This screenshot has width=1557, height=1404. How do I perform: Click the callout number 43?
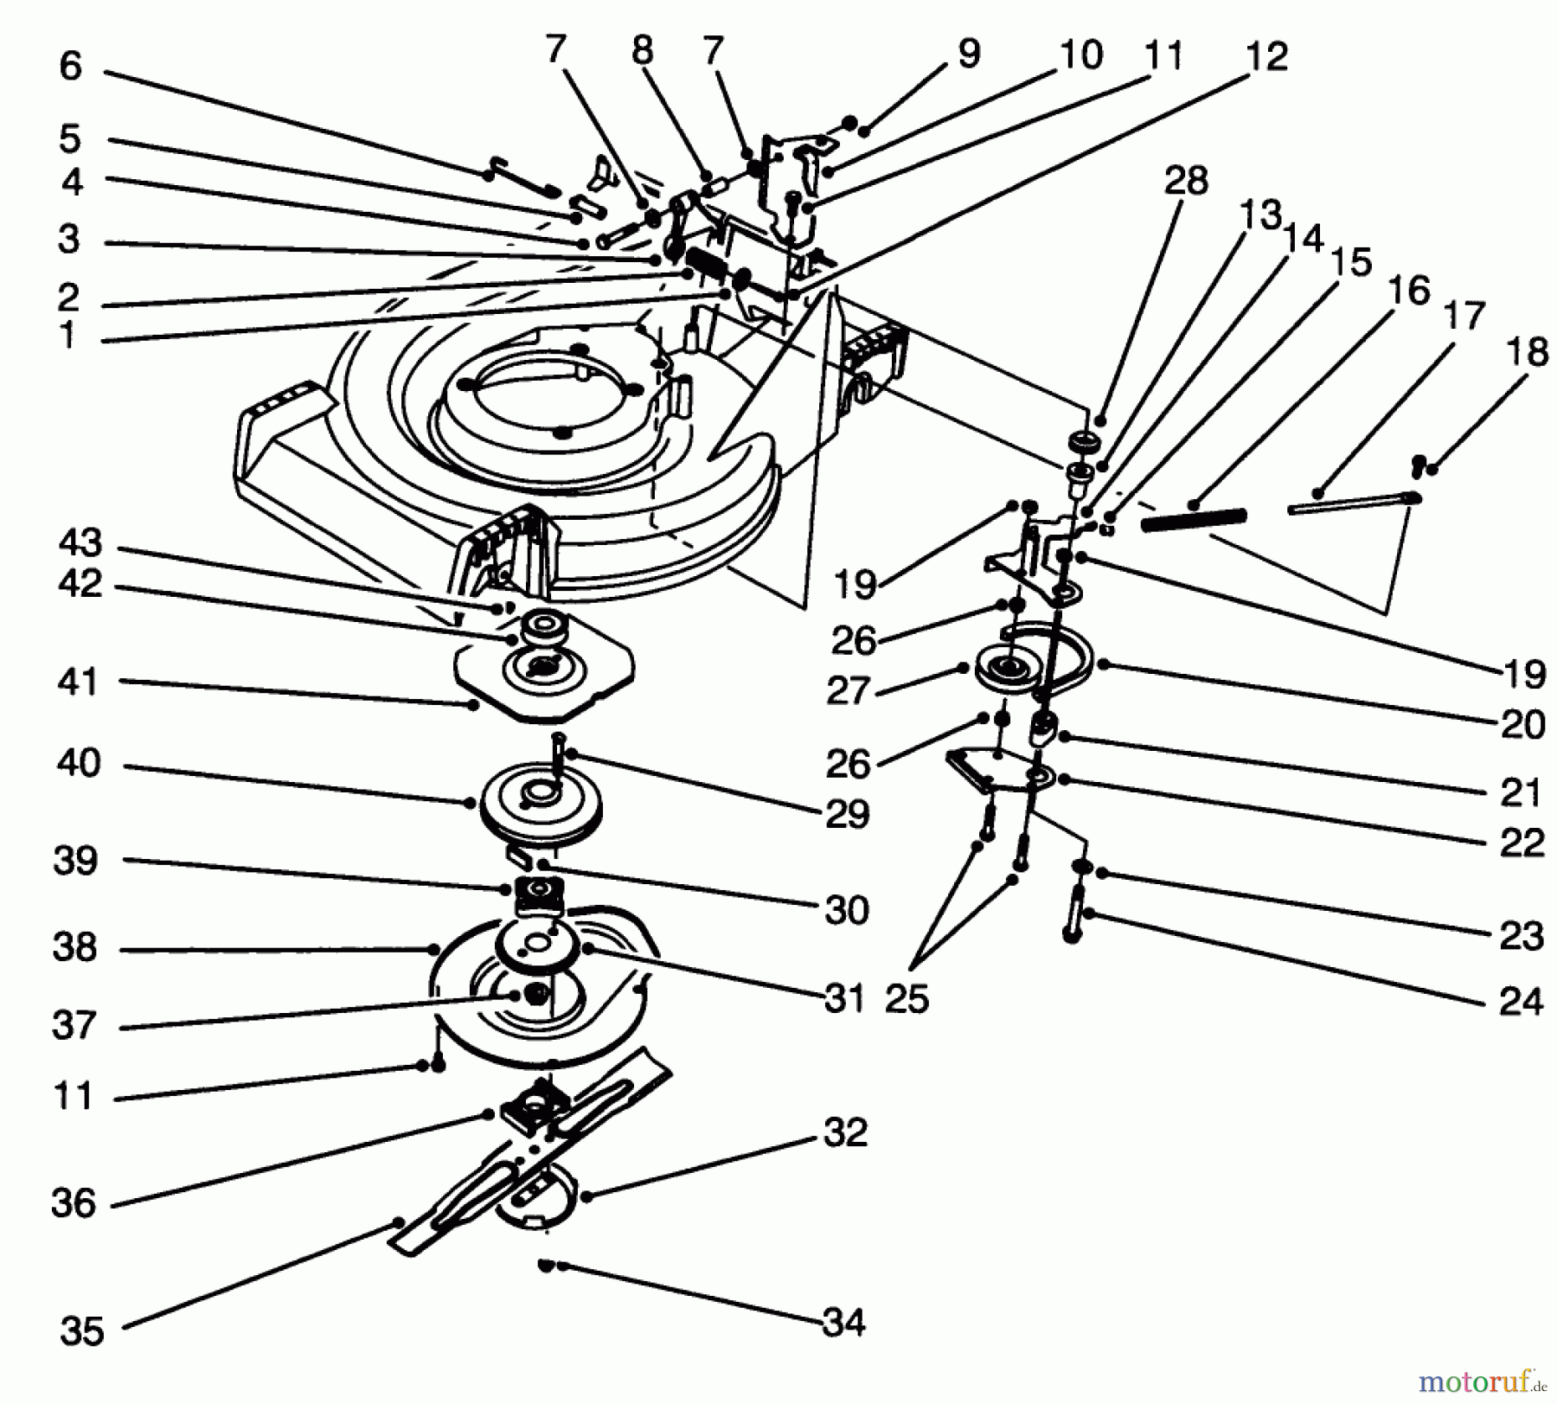[80, 542]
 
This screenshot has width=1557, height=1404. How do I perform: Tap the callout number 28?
[1186, 181]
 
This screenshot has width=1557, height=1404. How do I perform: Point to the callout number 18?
[1527, 352]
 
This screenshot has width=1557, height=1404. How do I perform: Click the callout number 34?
[843, 1323]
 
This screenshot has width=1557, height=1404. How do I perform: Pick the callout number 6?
[71, 66]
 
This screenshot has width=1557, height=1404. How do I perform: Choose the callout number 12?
[1267, 56]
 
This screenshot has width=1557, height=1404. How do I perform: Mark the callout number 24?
[1521, 1001]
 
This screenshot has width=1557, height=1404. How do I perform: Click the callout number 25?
[907, 999]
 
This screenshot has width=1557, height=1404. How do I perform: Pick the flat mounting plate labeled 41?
[545, 683]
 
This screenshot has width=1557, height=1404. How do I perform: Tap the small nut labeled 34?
[546, 1266]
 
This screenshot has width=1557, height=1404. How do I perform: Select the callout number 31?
[844, 999]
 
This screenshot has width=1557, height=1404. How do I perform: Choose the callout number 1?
[67, 336]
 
